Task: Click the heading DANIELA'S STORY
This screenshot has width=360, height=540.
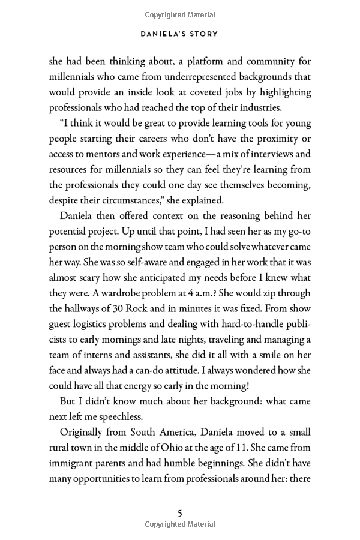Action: point(179,34)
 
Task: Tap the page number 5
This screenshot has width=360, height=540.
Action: point(179,513)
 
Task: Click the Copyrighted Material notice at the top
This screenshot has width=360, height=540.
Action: point(179,13)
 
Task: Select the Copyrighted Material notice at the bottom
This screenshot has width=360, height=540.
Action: point(179,524)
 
